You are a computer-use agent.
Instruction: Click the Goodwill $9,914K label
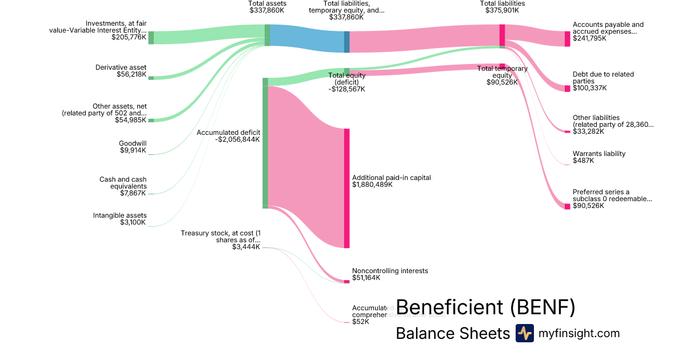[132, 147]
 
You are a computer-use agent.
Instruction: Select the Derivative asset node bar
[151, 78]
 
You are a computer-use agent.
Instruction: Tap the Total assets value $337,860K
[268, 10]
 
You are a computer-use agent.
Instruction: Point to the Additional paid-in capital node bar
[346, 188]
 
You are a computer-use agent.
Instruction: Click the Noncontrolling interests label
[390, 271]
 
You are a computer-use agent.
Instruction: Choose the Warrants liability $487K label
[599, 157]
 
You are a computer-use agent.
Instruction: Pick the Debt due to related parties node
[567, 89]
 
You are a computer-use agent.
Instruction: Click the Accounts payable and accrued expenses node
[567, 39]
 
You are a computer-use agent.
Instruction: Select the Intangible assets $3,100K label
[119, 219]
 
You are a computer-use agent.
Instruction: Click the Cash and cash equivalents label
[123, 183]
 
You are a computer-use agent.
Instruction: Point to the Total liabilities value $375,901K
[502, 10]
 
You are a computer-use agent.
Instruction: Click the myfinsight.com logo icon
[524, 333]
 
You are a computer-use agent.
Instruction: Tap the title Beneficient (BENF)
[485, 307]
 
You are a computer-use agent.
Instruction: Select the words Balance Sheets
[452, 334]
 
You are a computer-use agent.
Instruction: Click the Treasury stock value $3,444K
[246, 247]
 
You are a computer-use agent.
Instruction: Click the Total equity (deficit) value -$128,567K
[346, 89]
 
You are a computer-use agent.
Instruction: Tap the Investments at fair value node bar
[151, 38]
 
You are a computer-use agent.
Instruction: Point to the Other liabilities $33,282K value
[588, 131]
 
